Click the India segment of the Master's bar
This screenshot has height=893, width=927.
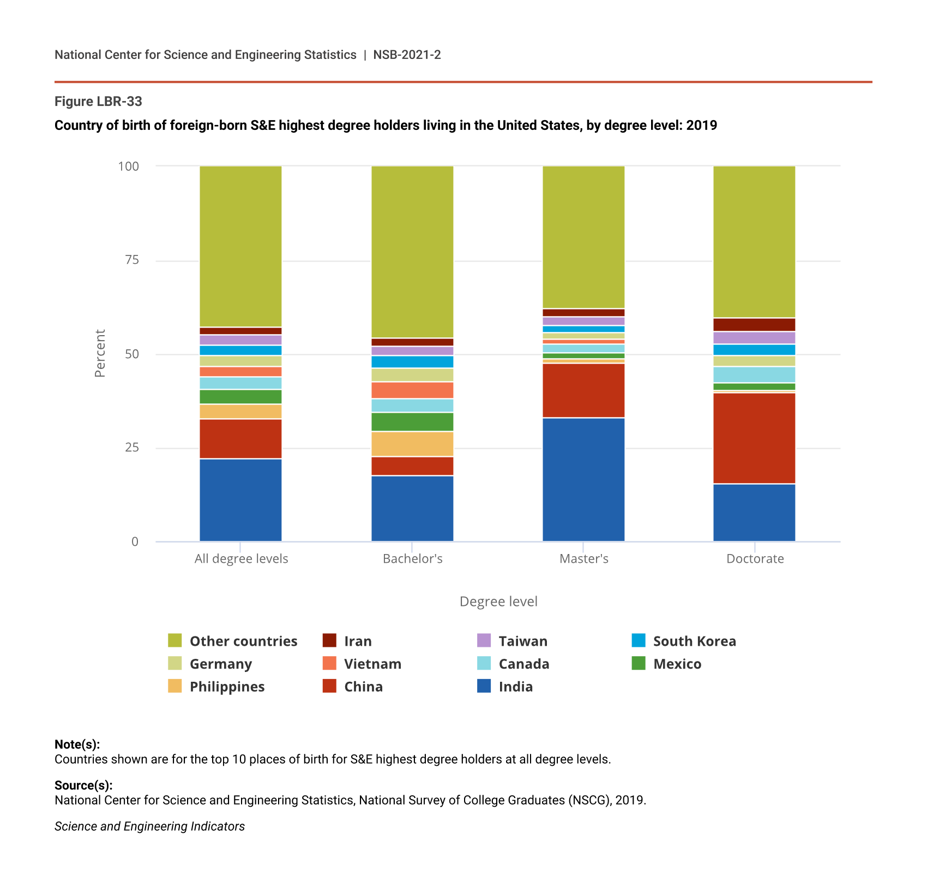583,480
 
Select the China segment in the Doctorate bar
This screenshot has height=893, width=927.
754,438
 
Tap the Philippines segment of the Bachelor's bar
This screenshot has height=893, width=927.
412,444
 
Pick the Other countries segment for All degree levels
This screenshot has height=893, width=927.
240,246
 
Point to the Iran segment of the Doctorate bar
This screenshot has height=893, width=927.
754,325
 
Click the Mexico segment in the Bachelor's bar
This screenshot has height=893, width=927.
412,422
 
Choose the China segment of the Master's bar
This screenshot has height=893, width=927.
583,391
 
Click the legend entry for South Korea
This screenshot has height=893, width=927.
694,641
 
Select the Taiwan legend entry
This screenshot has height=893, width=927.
522,641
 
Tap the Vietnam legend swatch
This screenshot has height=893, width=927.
329,663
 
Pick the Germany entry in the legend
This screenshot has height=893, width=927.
220,664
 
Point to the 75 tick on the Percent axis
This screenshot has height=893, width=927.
132,260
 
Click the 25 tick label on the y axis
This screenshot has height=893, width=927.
132,448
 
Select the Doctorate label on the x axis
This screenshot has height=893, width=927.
755,558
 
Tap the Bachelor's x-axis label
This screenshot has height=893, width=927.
412,558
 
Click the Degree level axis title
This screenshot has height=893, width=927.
498,601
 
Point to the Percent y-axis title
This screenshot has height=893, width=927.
99,353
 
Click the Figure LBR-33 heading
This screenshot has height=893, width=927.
98,102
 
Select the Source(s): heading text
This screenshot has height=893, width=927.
83,785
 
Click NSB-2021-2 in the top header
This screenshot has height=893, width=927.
407,55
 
